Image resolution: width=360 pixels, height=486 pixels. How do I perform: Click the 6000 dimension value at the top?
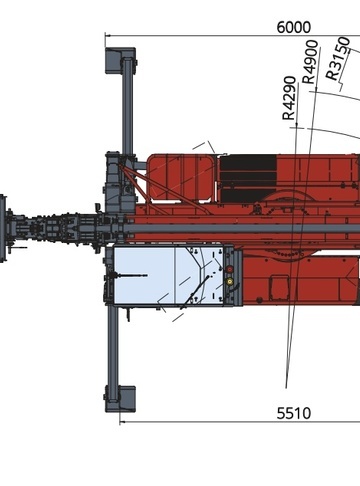294,27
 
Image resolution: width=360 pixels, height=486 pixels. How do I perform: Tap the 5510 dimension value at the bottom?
294,413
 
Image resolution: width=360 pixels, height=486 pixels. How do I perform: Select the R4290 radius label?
289,98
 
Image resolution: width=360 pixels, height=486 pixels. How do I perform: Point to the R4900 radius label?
310,62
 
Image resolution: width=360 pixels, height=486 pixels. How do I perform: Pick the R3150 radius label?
338,58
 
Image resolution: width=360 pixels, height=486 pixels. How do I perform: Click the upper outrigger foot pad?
120,60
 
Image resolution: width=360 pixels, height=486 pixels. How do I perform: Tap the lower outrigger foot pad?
120,399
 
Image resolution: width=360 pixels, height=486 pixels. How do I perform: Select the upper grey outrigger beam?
127,106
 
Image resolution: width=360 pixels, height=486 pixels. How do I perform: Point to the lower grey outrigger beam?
113,347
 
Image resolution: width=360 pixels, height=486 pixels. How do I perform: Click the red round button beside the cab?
230,269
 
